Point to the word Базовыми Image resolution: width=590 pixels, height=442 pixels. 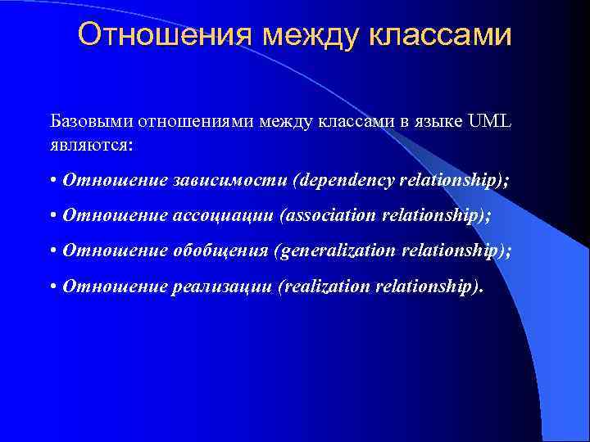pyautogui.click(x=91, y=123)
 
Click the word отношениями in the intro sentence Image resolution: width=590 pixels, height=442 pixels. pyautogui.click(x=197, y=123)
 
